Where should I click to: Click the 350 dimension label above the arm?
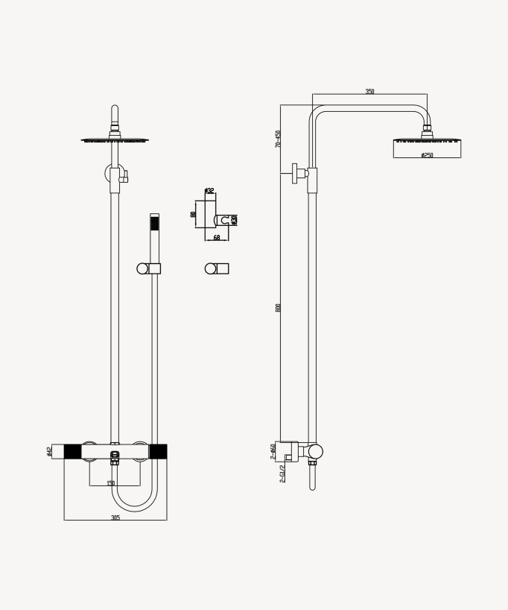pyautogui.click(x=369, y=92)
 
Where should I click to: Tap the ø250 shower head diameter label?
pyautogui.click(x=427, y=155)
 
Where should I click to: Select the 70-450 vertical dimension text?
pyautogui.click(x=278, y=139)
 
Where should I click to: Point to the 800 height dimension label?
pyautogui.click(x=278, y=308)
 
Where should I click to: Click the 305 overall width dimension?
pyautogui.click(x=115, y=516)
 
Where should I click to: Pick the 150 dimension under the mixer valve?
pyautogui.click(x=111, y=483)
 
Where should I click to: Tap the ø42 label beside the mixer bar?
pyautogui.click(x=49, y=451)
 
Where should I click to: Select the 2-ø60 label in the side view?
pyautogui.click(x=273, y=450)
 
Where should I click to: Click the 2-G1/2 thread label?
pyautogui.click(x=282, y=474)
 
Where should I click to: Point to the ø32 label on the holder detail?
pyautogui.click(x=209, y=191)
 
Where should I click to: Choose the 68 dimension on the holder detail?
pyautogui.click(x=216, y=237)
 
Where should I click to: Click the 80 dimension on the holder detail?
pyautogui.click(x=194, y=214)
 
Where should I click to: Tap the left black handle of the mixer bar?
pyautogui.click(x=72, y=451)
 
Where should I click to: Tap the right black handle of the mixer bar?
pyautogui.click(x=158, y=451)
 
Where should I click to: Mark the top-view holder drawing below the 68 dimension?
pyautogui.click(x=217, y=268)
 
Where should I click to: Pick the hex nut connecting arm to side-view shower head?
pyautogui.click(x=428, y=132)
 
